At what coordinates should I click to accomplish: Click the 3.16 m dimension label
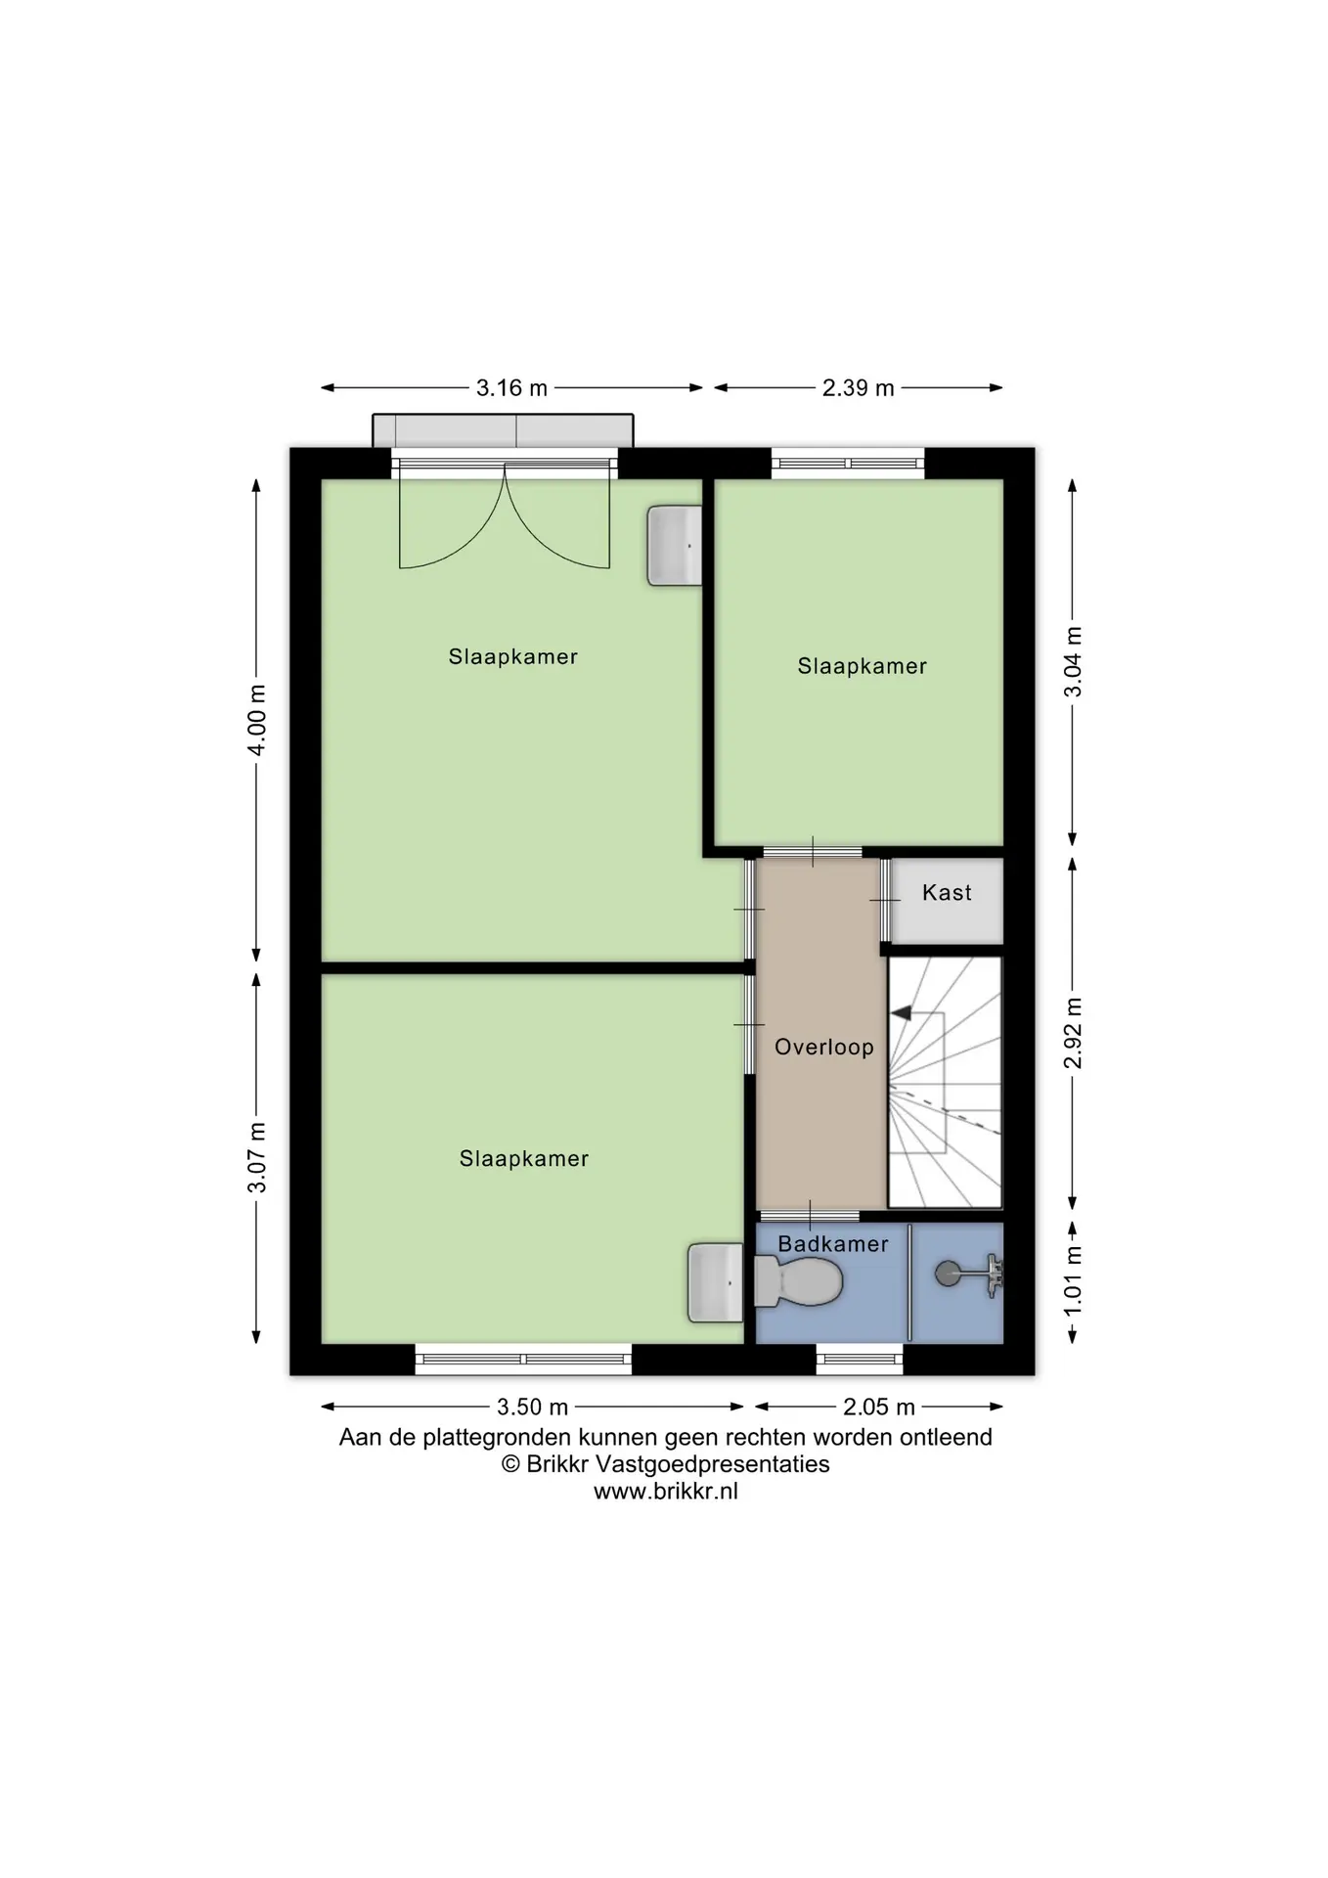(x=511, y=388)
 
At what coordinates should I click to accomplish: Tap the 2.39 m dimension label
(x=858, y=388)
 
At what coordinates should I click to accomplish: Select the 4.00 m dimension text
(x=256, y=720)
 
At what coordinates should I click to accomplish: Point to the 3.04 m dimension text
(x=1073, y=662)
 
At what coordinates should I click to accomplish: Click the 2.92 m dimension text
(x=1073, y=1034)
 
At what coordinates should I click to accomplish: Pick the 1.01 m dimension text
(x=1073, y=1280)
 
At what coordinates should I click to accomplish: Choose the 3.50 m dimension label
(x=532, y=1407)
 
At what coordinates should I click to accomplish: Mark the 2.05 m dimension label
(x=878, y=1407)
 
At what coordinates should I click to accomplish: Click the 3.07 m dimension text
(x=256, y=1158)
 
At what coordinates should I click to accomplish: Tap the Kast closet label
(x=947, y=892)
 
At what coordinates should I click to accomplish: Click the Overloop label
(x=824, y=1047)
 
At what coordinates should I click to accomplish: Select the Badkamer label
(x=833, y=1244)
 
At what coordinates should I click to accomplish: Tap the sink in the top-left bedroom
(x=675, y=546)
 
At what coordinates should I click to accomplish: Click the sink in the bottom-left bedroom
(x=716, y=1282)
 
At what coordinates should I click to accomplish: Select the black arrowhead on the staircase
(x=901, y=1013)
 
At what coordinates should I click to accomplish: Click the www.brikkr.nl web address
(x=666, y=1492)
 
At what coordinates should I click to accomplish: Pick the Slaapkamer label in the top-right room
(x=862, y=666)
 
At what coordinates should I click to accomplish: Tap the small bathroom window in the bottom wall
(x=860, y=1359)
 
